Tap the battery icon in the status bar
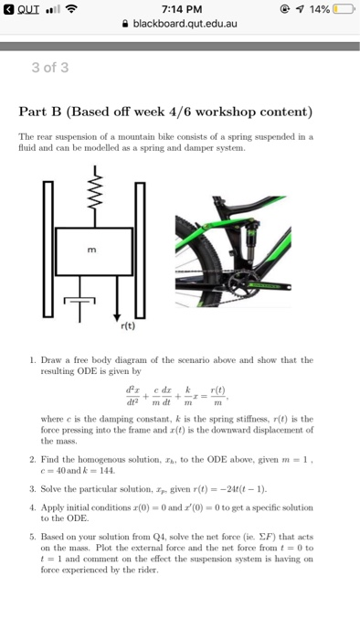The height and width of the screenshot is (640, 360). [343, 9]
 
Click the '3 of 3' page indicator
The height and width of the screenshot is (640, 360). [51, 67]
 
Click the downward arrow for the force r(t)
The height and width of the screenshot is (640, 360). [119, 297]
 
